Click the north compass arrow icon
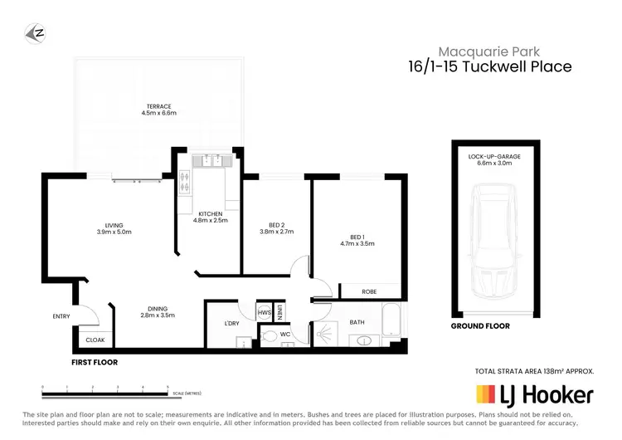(34, 32)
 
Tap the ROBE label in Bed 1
(371, 291)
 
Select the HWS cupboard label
(265, 312)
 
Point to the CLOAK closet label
(95, 340)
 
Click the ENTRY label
(61, 316)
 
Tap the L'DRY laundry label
(232, 323)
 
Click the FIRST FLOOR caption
(94, 363)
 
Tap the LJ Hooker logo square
(486, 394)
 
